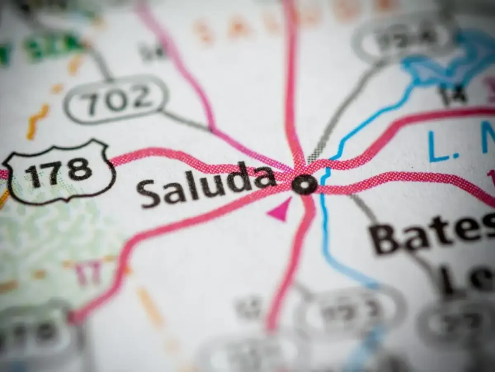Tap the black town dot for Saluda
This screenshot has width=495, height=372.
304,184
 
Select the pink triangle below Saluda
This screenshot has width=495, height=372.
280,211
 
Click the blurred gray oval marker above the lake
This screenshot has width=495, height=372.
402,39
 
